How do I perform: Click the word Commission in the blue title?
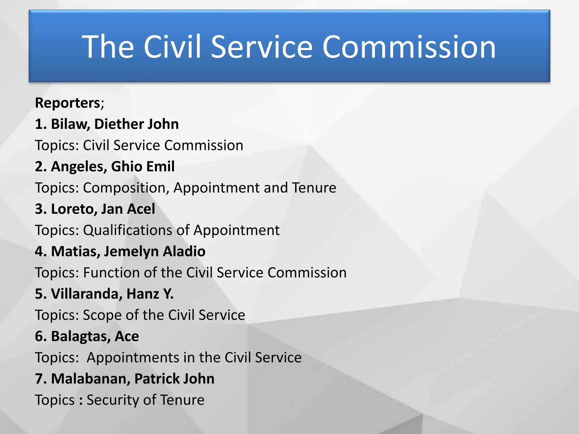409,47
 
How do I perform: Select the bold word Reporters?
68,103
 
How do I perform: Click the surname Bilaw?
70,124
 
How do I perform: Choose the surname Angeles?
79,167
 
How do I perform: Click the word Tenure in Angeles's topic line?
314,188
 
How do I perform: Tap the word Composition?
126,188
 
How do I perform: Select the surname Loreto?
74,209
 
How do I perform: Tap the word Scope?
102,315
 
